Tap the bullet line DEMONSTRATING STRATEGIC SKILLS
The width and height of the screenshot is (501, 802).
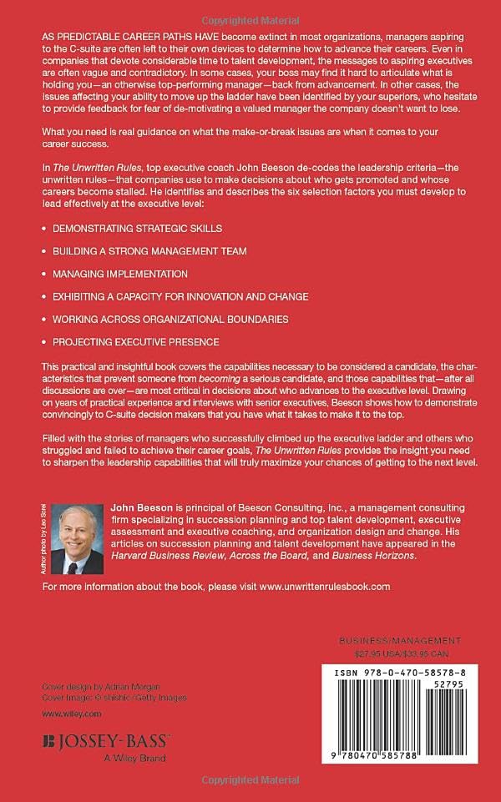click(137, 227)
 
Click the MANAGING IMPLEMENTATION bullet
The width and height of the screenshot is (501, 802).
click(119, 273)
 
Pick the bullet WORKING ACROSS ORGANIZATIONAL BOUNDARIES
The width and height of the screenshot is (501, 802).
click(170, 319)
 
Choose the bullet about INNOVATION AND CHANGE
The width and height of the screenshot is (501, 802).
click(180, 296)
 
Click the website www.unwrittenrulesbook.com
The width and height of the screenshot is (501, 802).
click(325, 587)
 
